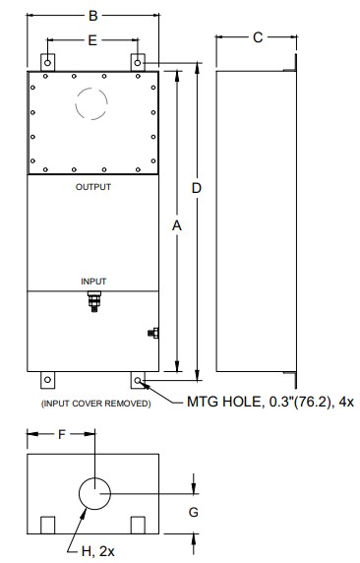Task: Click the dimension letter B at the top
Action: (x=92, y=16)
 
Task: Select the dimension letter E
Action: (x=92, y=41)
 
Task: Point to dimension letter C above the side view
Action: (x=257, y=36)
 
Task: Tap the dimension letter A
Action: (x=177, y=224)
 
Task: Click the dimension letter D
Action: (x=197, y=187)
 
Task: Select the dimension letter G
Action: (x=194, y=512)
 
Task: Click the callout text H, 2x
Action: (x=96, y=551)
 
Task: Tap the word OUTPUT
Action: (x=92, y=186)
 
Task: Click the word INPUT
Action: (x=93, y=281)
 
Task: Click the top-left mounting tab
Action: (x=46, y=61)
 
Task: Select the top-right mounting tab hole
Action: (x=139, y=61)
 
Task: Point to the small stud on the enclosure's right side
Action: (x=153, y=334)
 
